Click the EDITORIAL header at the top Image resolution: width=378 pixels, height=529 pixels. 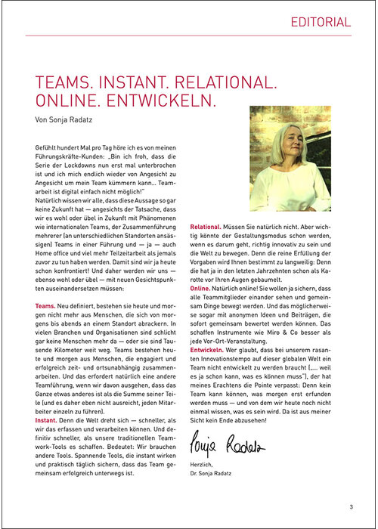(x=321, y=22)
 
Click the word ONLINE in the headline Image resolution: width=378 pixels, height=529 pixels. (x=62, y=101)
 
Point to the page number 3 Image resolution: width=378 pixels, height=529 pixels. (x=351, y=507)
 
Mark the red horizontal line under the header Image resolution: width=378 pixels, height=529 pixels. (x=188, y=35)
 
